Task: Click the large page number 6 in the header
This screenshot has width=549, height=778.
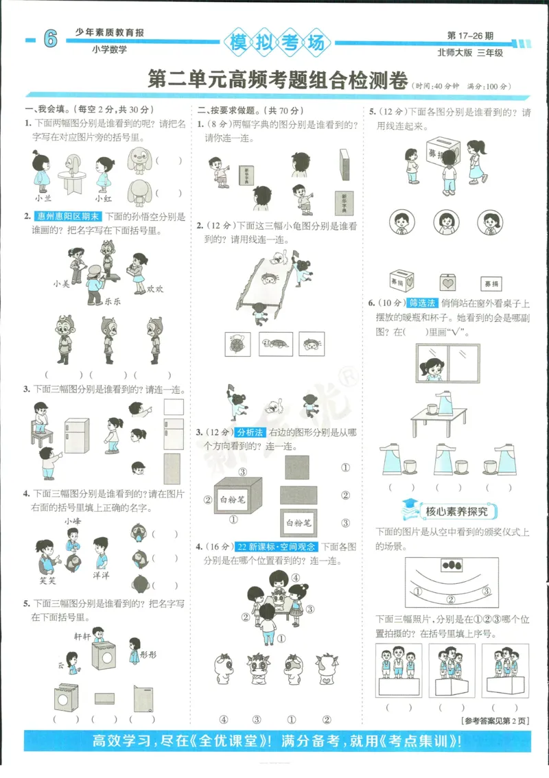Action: click(49, 40)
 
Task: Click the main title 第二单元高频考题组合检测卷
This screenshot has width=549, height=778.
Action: click(278, 80)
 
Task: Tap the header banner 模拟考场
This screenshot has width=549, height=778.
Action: click(276, 43)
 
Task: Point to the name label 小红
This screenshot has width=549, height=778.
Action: click(103, 198)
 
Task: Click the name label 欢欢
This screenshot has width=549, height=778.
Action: click(154, 289)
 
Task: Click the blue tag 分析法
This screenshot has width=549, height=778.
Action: click(250, 432)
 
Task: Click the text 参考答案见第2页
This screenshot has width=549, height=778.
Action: click(493, 720)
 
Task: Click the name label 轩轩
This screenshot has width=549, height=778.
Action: click(82, 636)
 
